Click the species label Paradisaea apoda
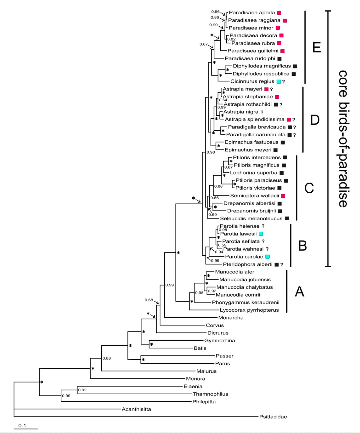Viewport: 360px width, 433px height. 252,13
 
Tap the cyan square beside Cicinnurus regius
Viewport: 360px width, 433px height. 279,82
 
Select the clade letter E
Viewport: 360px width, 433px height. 316,47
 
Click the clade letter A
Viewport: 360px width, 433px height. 300,292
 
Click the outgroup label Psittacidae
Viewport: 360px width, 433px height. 273,417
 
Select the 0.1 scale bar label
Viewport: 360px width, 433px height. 22,426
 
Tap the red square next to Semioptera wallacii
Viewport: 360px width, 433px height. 283,196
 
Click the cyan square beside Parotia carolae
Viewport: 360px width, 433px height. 267,257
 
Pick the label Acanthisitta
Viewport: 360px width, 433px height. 136,409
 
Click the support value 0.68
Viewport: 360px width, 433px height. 149,300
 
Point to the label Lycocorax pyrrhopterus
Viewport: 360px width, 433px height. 249,310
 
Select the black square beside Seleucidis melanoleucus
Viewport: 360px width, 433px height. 287,219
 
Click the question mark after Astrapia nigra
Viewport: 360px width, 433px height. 262,112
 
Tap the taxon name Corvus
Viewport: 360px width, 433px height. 215,325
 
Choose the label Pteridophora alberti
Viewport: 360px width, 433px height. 247,264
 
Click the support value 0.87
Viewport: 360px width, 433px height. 203,44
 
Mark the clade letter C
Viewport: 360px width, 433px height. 309,188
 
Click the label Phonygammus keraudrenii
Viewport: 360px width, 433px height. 245,302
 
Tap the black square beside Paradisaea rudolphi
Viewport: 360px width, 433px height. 279,59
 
